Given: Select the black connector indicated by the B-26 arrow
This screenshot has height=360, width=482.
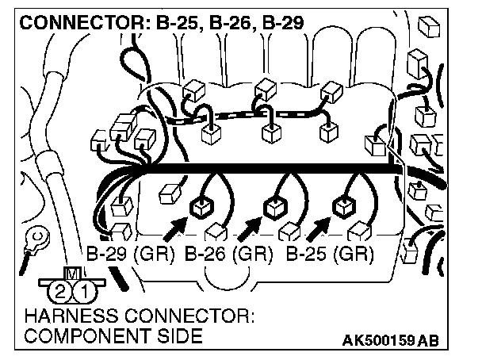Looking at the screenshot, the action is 275,209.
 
